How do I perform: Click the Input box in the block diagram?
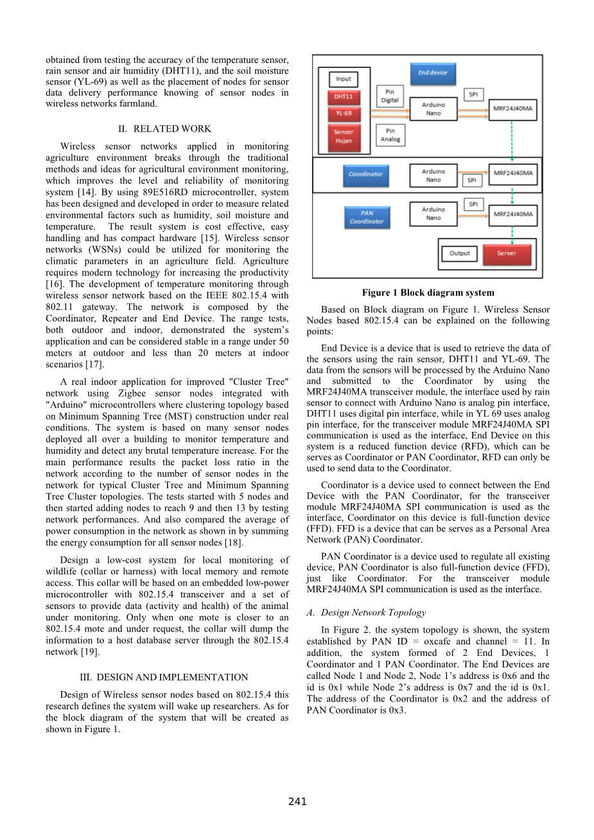[344, 79]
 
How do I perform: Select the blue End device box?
[433, 73]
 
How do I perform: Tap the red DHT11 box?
[344, 96]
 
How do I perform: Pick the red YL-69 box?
[344, 114]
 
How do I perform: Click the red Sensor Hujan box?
[344, 136]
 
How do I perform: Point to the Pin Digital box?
[390, 96]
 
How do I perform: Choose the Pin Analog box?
[390, 135]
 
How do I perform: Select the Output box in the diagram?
[459, 253]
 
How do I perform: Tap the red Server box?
[506, 253]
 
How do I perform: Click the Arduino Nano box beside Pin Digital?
[433, 109]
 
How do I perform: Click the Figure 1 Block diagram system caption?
[428, 293]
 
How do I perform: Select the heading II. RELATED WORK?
[167, 129]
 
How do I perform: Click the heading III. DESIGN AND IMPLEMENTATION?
[167, 678]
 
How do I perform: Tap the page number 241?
[297, 801]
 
